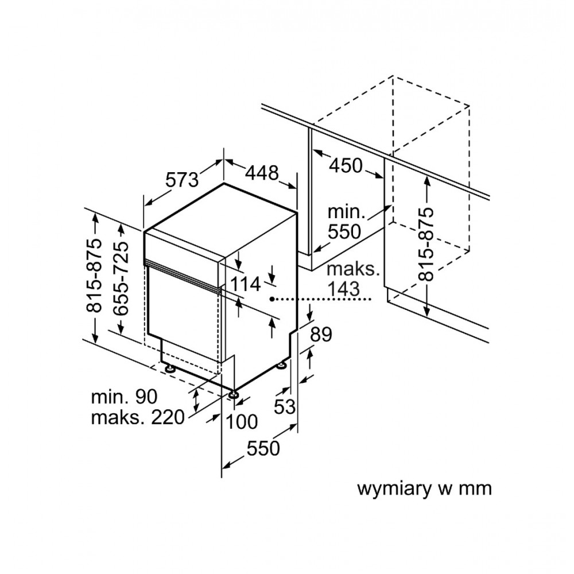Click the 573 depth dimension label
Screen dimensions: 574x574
pos(183,179)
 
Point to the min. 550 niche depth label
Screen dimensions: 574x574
pos(344,222)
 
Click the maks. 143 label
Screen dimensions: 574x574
pos(352,279)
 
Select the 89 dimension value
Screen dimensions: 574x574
pos(321,334)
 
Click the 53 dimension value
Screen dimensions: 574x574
pos(285,406)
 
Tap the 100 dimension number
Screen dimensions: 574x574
pos(242,421)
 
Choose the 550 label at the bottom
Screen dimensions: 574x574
pos(263,448)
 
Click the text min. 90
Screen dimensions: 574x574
pos(125,397)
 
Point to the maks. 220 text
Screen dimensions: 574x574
pos(138,417)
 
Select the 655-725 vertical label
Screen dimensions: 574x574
pos(121,278)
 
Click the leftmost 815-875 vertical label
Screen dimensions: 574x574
pos(94,276)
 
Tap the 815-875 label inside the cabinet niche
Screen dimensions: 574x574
pos(426,244)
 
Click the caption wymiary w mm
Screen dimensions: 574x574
pos(424,488)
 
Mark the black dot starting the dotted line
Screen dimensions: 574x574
pos(272,299)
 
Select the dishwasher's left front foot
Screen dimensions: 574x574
pos(170,369)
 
